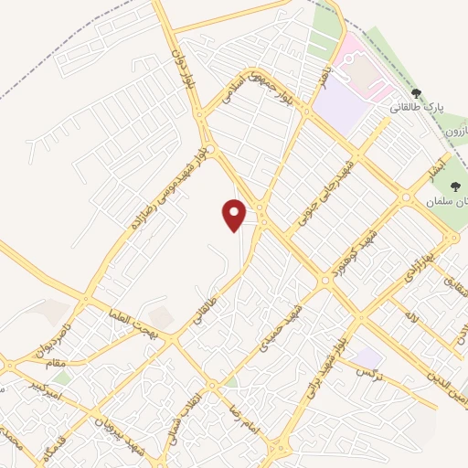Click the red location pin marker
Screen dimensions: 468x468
click(x=235, y=214)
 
